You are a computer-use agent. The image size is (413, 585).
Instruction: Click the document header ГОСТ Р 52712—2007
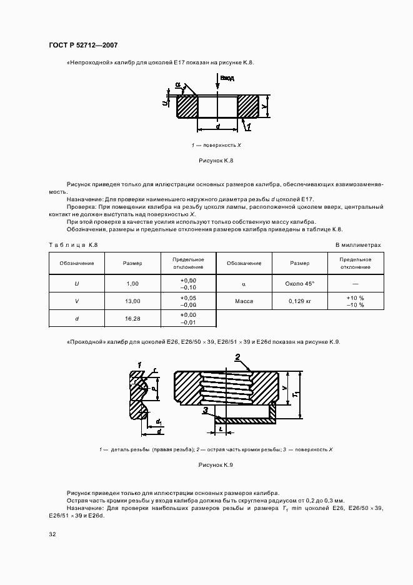[x=83, y=45]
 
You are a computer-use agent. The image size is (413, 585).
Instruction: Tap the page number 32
[x=52, y=534]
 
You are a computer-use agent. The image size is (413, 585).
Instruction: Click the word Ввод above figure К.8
[x=227, y=78]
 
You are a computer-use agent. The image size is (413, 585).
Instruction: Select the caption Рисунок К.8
[x=216, y=161]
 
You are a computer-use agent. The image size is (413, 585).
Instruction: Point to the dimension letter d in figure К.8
[x=217, y=126]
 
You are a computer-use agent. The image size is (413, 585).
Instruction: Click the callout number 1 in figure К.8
[x=248, y=127]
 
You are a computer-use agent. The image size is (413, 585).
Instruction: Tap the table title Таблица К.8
[x=73, y=245]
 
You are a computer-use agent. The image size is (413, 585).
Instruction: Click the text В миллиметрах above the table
[x=357, y=245]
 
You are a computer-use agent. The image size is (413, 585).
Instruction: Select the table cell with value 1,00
[x=132, y=284]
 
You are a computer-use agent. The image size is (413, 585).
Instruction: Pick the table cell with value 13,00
[x=132, y=301]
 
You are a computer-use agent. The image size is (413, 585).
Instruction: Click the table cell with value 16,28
[x=132, y=319]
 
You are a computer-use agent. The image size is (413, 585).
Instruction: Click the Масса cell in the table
[x=243, y=301]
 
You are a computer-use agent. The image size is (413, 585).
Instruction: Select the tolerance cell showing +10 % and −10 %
[x=355, y=301]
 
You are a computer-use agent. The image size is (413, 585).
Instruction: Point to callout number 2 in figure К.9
[x=238, y=357]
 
